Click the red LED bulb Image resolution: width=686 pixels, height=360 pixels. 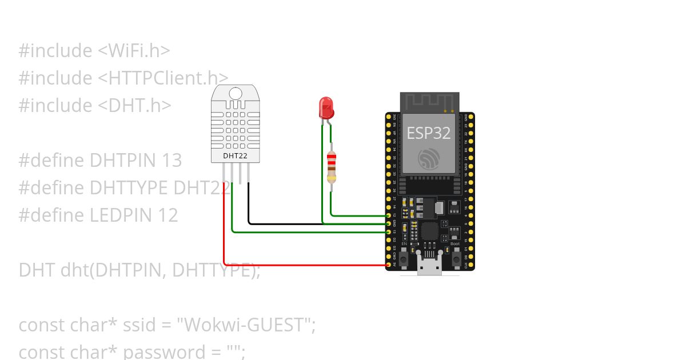[x=326, y=107]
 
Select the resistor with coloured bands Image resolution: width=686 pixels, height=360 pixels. [x=331, y=167]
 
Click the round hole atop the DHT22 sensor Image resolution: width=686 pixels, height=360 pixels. [x=235, y=93]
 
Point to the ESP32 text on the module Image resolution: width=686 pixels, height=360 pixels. [x=429, y=133]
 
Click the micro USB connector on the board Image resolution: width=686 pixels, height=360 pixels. [x=429, y=266]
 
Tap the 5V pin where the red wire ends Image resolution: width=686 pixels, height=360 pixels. [x=389, y=265]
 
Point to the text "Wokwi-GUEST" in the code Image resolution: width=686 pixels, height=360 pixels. [x=246, y=325]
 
